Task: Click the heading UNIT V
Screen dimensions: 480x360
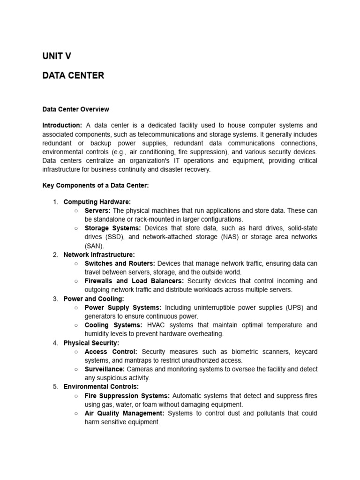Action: click(x=57, y=56)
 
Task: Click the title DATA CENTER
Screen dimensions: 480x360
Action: click(x=73, y=75)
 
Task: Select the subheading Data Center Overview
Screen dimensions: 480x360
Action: click(x=75, y=109)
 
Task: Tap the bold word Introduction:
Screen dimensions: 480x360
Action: click(x=62, y=125)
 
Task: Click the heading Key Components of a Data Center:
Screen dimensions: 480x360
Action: click(x=96, y=186)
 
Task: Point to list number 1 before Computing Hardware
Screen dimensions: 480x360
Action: click(x=55, y=202)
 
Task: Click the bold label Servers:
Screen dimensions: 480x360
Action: click(x=97, y=210)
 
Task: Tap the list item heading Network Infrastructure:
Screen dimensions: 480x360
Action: click(x=99, y=255)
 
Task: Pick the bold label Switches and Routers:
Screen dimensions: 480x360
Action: click(x=120, y=263)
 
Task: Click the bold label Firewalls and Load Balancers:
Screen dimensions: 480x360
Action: click(x=134, y=281)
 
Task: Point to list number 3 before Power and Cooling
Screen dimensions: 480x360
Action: click(x=55, y=299)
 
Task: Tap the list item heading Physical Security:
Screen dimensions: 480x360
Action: click(x=91, y=343)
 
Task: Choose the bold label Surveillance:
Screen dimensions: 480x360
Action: click(x=105, y=369)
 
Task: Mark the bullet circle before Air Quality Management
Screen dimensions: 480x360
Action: click(x=76, y=413)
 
